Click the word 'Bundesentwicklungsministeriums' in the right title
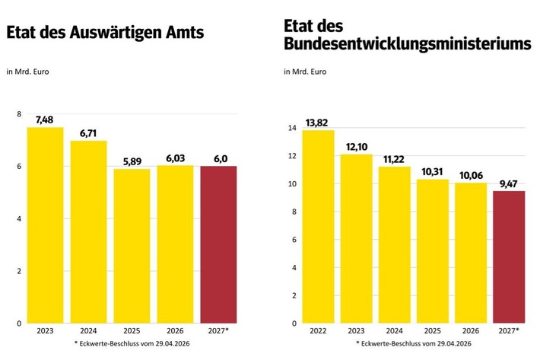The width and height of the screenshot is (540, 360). pos(406,45)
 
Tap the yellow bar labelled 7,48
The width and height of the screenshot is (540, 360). pos(46,225)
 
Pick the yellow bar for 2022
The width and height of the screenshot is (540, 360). pos(317,226)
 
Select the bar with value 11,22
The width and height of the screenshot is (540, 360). pos(395,244)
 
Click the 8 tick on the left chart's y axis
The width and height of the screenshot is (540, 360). pos(19,114)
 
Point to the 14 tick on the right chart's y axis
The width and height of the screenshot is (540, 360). pos(291,128)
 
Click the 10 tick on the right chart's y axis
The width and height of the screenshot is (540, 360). pos(291,183)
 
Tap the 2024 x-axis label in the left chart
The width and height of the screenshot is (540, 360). pos(89,331)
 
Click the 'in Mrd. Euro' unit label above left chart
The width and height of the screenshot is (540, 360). pos(28,72)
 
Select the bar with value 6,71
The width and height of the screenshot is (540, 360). pos(89,231)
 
